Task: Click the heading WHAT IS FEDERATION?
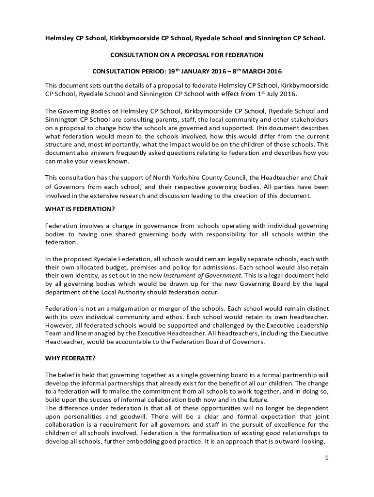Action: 80,209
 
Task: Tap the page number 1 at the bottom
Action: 327,458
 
